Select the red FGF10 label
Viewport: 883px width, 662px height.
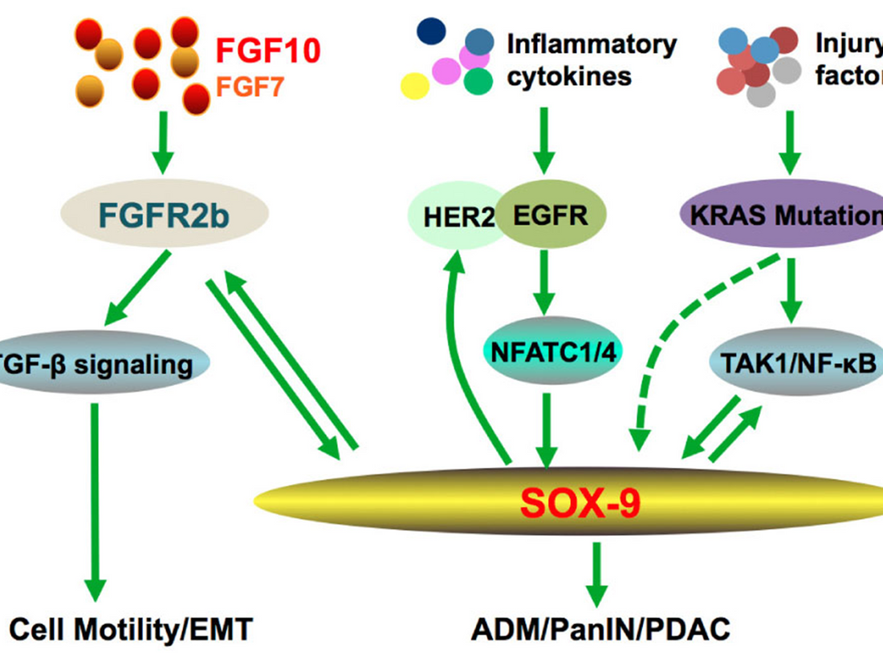point(268,51)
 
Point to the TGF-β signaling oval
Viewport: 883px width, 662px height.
point(96,365)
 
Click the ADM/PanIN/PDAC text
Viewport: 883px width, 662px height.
point(598,628)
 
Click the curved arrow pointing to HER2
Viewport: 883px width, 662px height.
point(474,353)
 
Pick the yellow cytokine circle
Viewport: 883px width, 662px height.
point(415,85)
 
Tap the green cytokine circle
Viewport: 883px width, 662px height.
point(478,81)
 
